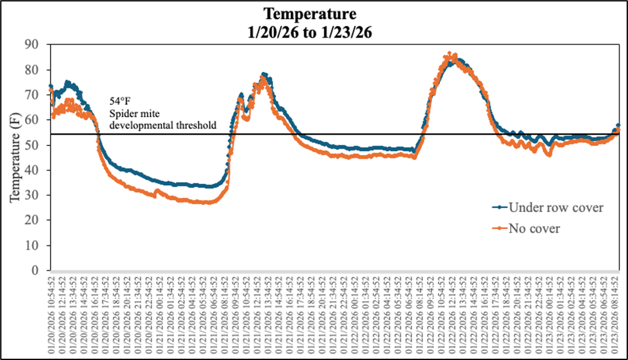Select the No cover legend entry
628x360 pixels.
tap(535, 228)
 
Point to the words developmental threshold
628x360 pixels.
tap(163, 124)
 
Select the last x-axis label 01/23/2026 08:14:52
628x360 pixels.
tap(618, 311)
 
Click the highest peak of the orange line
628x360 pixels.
tap(450, 53)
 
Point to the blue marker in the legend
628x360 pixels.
tap(500, 207)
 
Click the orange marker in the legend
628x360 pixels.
tap(500, 228)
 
